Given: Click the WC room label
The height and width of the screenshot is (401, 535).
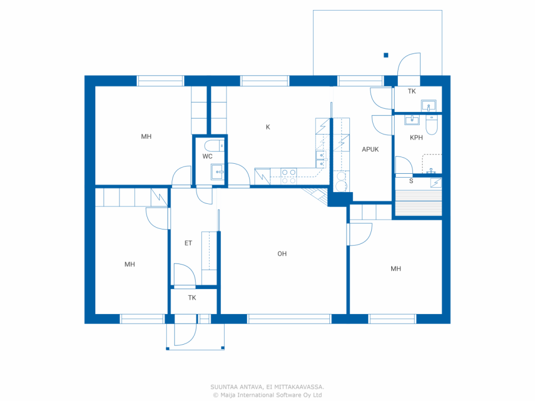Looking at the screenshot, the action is pos(207,156).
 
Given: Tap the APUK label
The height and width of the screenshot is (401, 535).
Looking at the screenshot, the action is pos(370,150).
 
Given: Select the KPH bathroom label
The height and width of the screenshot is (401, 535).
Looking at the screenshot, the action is pos(416,138).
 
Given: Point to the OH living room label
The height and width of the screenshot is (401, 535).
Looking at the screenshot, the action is pos(282,254).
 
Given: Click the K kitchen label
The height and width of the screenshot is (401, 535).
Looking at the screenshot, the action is pos(267,127).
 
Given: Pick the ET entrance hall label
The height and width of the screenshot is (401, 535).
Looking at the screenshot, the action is pos(188,243).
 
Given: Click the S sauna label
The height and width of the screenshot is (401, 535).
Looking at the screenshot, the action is pos(411,181).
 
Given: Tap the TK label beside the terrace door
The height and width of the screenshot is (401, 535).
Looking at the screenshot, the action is pos(412,91).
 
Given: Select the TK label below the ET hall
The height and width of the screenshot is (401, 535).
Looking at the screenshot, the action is pos(192,298).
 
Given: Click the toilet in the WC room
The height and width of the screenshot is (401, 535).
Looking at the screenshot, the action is pos(214,146).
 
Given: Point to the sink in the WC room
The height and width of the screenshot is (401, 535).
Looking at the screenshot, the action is pos(217,172).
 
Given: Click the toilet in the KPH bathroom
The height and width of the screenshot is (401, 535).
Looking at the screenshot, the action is pos(431,124).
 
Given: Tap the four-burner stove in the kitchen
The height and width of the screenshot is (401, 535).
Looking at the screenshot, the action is pos(289,176).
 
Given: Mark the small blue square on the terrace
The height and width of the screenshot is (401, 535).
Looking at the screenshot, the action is pos(386,55).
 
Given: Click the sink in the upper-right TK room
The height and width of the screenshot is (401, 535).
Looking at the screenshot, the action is pos(428,106).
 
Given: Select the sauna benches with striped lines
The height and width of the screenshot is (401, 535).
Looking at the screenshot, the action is pos(418,203).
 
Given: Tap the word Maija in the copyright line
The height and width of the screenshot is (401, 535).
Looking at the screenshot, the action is pos(228,395).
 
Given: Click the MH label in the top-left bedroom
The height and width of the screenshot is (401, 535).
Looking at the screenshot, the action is pos(146,137).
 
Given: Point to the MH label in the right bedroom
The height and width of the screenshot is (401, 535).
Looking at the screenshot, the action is pos(395,269).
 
